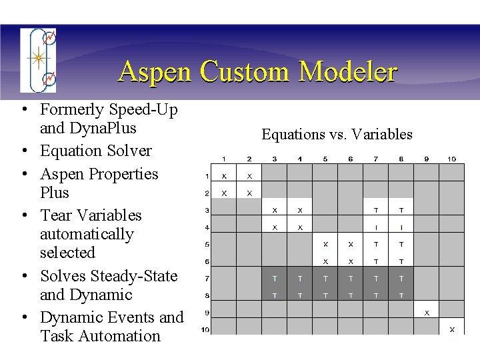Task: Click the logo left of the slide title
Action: (38, 60)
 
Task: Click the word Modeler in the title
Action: (348, 72)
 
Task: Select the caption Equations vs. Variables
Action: (337, 135)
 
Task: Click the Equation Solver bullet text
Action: (95, 151)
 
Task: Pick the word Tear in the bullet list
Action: (55, 215)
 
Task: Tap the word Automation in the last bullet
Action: (121, 336)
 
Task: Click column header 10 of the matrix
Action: (451, 159)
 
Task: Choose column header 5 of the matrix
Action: (325, 159)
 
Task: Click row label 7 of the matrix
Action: (207, 278)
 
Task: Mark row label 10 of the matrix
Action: (207, 329)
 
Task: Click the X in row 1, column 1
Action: (224, 176)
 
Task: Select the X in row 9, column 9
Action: (427, 312)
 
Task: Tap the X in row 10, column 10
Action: (451, 329)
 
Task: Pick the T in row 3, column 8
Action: (401, 210)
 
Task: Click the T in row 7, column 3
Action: (275, 279)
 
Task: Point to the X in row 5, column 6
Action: (351, 245)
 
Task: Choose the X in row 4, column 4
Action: (300, 227)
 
